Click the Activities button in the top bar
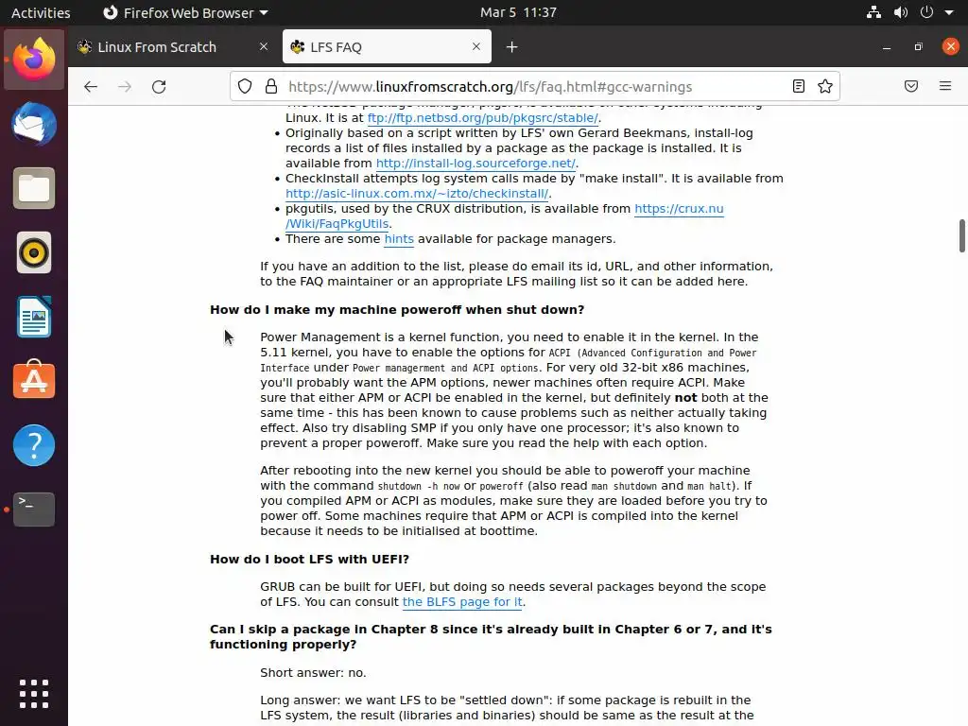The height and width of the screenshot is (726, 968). coord(41,12)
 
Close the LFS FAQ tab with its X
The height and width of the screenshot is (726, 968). coord(476,47)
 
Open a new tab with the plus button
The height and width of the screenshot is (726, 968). coord(511,47)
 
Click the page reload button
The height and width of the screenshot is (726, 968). coord(159,87)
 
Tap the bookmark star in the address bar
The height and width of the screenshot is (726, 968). coord(825,87)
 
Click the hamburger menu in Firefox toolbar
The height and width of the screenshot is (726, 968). coord(944,87)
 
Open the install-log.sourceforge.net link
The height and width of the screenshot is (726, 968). coord(475,164)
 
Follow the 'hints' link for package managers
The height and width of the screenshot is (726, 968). coord(399,239)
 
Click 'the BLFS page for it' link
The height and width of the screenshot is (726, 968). coord(462,602)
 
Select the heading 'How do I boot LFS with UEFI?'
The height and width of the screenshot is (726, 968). coord(309,560)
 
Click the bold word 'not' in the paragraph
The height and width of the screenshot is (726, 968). coord(685,398)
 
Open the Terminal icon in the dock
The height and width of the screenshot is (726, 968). coord(34,510)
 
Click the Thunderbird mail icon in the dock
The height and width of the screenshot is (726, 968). coord(34,125)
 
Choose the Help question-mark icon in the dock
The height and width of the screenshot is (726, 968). coord(34,445)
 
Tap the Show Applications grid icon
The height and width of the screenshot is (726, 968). coord(34,694)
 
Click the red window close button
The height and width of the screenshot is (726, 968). coord(950,47)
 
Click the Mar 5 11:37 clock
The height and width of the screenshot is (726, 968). coord(518,12)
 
